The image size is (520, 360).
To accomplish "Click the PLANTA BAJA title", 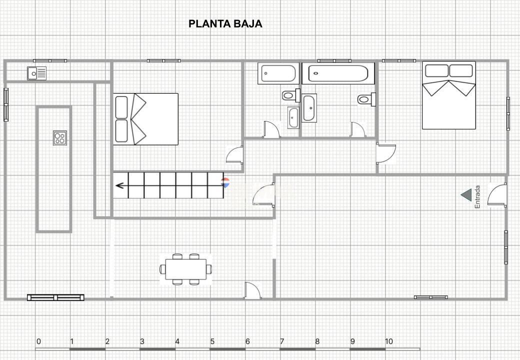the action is [225, 24].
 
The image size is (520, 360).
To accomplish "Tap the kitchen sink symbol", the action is [37, 73].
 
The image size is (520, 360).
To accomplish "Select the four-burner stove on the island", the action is [60, 138].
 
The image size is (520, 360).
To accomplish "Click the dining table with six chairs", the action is [185, 269].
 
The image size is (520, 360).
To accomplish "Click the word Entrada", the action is [477, 197].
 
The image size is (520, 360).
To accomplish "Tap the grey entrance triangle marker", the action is [466, 195].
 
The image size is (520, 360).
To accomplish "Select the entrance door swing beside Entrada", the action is [497, 195].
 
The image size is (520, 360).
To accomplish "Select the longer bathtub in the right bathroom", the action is [338, 73].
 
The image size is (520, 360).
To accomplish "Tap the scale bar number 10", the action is [388, 341].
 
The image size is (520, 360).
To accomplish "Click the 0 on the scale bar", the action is [39, 341].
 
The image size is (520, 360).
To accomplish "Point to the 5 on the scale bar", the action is [212, 341].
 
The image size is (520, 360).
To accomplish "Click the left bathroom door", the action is [271, 129].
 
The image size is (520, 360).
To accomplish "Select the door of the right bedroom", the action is [386, 153].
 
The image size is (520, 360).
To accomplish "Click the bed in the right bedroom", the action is [448, 95].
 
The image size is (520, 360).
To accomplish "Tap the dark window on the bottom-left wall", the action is [55, 297].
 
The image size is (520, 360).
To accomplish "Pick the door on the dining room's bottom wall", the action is [252, 290].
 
